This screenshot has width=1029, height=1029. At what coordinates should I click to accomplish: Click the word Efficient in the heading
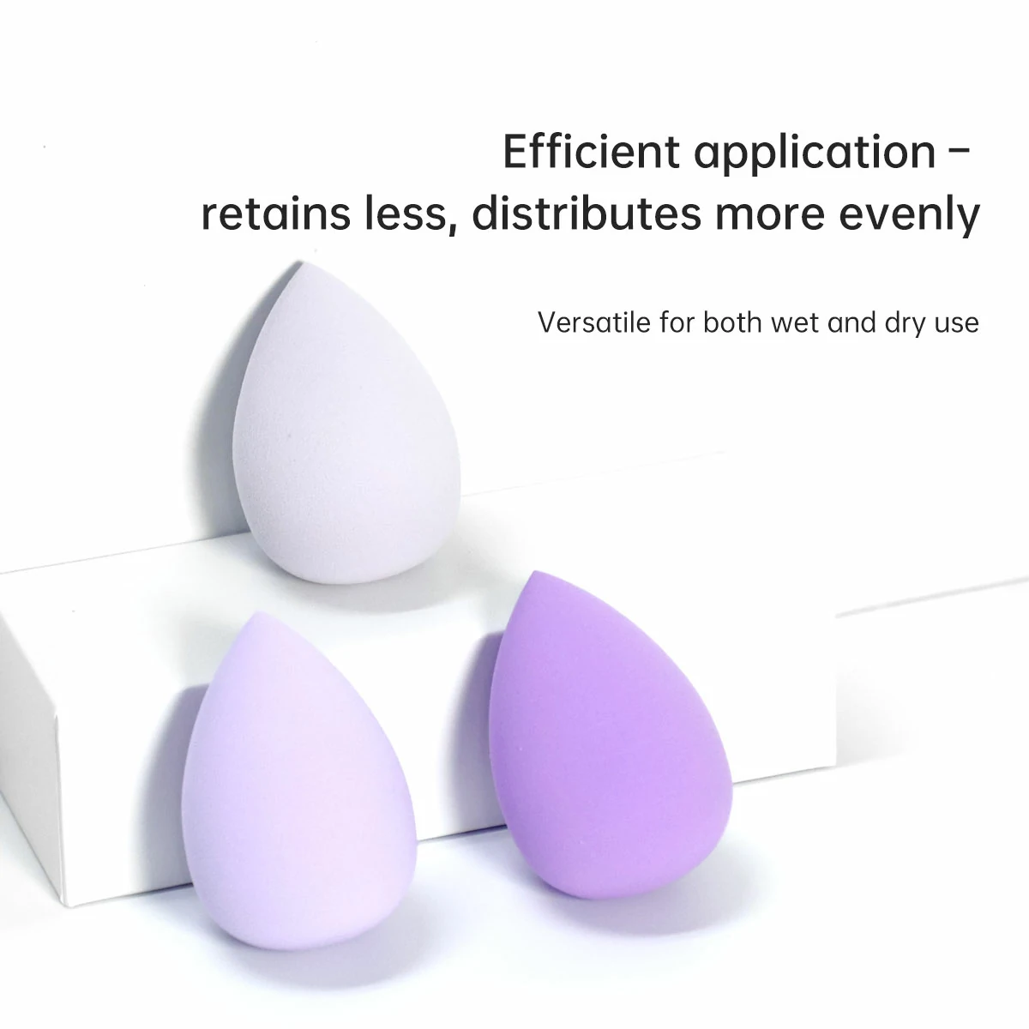click(592, 152)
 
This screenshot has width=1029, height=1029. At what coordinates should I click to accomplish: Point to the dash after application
click(960, 152)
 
